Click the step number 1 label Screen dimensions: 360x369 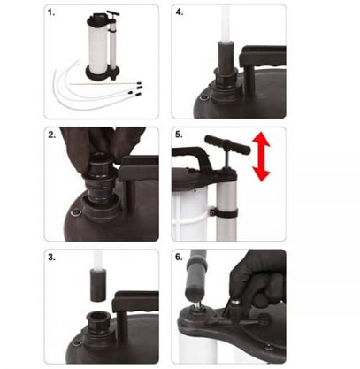(x=51, y=12)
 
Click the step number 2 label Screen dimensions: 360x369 (x=52, y=135)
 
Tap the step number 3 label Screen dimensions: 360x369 (x=52, y=258)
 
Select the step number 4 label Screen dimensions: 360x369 (x=180, y=12)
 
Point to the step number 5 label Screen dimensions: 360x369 (x=179, y=135)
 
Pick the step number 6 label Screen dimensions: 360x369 (x=179, y=257)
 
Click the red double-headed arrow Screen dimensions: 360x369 (x=261, y=157)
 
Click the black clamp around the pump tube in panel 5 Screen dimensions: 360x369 (x=224, y=212)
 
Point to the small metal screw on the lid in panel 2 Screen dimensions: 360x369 (x=77, y=211)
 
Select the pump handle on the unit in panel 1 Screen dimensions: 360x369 (x=113, y=14)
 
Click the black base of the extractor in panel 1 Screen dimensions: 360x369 (x=103, y=73)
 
